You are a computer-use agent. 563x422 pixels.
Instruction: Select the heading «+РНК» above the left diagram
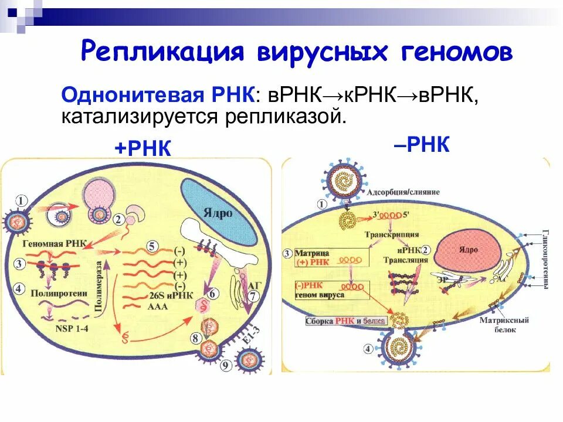click(143, 148)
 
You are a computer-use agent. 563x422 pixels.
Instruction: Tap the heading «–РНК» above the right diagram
click(422, 144)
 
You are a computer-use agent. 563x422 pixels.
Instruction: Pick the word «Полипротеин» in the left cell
click(56, 291)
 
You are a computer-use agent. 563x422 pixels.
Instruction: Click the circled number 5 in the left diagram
click(152, 246)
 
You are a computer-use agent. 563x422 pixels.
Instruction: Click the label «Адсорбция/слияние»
click(402, 192)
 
